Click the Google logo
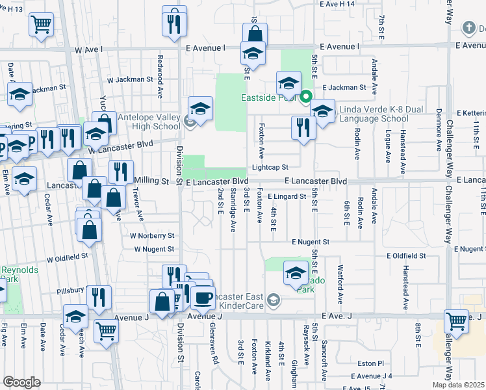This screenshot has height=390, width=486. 21,382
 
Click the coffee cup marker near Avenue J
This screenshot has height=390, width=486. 203,298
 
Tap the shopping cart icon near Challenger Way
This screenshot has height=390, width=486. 457,322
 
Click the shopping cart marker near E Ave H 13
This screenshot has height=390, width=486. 41,25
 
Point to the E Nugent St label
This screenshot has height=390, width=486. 311,241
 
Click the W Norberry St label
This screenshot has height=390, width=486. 152,235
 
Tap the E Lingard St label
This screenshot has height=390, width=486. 286,196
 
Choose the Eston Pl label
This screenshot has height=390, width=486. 370,363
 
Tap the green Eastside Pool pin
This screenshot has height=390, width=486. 306,97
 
